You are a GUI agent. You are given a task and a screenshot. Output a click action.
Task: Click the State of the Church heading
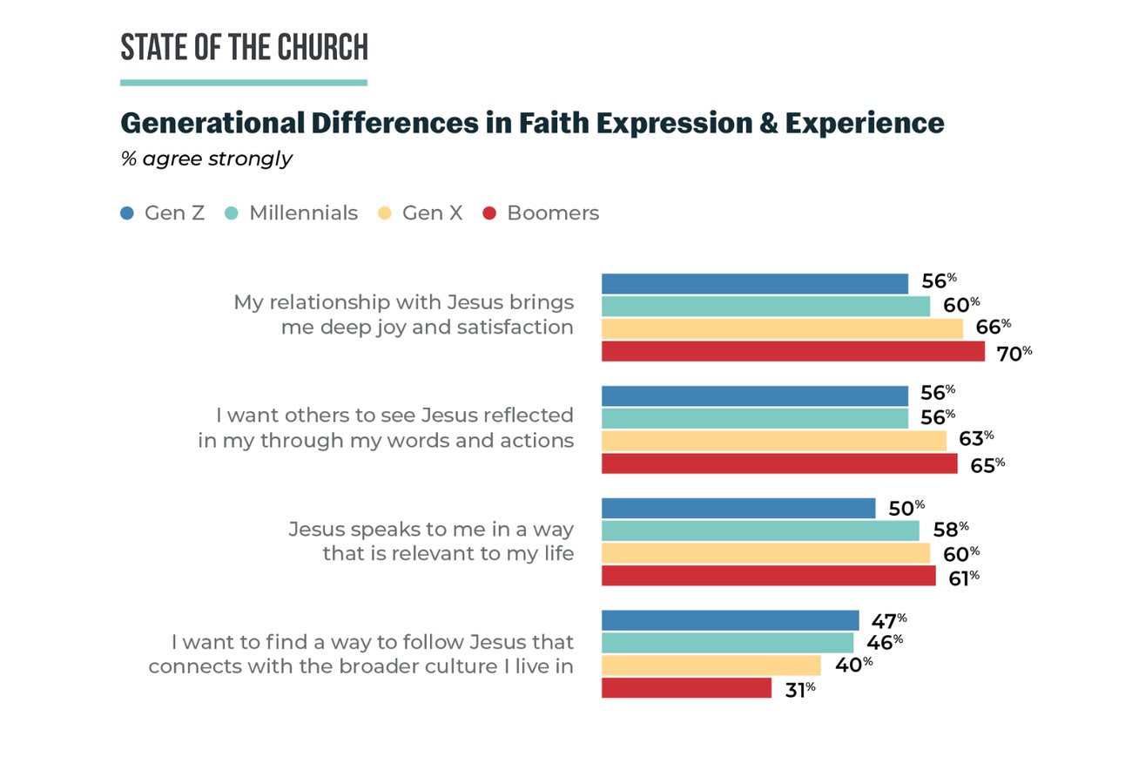coord(244,48)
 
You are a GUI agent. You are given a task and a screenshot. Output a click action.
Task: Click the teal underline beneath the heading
coord(244,83)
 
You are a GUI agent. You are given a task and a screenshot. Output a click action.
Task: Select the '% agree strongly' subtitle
coord(206,159)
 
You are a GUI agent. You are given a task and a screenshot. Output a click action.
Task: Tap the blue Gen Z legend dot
coord(128,213)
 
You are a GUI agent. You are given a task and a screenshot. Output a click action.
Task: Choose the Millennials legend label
coord(303,213)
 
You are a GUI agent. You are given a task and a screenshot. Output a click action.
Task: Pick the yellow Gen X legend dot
coord(385,213)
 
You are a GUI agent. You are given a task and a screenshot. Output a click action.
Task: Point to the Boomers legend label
coord(553,213)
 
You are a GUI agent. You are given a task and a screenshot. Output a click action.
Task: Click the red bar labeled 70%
coord(792,351)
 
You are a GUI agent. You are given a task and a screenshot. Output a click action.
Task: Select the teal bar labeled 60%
coord(765,306)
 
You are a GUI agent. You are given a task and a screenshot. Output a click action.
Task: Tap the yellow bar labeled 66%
coord(782,328)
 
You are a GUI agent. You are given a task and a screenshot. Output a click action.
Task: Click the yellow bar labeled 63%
coord(773,441)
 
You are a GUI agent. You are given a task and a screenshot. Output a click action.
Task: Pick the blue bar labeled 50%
coord(738,508)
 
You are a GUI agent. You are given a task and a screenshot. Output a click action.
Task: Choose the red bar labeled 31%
coord(686,688)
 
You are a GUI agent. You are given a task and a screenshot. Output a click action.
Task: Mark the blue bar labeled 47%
coord(730,620)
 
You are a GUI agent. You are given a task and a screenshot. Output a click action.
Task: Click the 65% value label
coord(987,465)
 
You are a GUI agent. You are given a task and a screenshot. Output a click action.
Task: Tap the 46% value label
coord(884,643)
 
